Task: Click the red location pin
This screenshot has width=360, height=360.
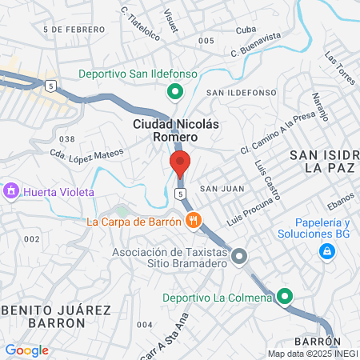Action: pyautogui.click(x=179, y=162)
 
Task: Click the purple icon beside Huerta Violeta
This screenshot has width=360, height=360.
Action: pyautogui.click(x=11, y=192)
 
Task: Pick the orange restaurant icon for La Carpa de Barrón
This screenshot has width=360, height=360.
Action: pyautogui.click(x=192, y=220)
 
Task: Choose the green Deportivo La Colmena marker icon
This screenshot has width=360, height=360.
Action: pyautogui.click(x=286, y=298)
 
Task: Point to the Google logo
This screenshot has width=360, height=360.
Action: pyautogui.click(x=26, y=350)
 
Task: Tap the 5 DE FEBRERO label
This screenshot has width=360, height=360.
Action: pyautogui.click(x=75, y=30)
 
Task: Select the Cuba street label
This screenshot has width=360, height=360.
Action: pyautogui.click(x=246, y=30)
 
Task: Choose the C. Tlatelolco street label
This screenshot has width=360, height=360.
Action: pyautogui.click(x=140, y=25)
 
